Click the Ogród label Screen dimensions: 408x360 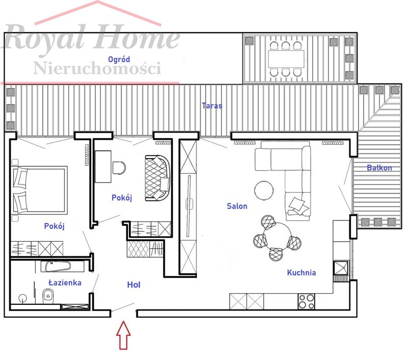pyautogui.click(x=119, y=60)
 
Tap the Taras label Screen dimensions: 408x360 pyautogui.click(x=212, y=106)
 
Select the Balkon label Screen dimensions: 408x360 pyautogui.click(x=379, y=168)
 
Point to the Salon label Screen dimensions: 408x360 pyautogui.click(x=237, y=206)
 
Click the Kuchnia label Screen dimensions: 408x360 pyautogui.click(x=301, y=273)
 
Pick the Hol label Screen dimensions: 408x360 pyautogui.click(x=134, y=285)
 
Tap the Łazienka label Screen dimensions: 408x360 pyautogui.click(x=65, y=282)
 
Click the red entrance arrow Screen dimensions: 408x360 pyautogui.click(x=123, y=335)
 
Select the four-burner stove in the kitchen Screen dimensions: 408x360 pyautogui.click(x=307, y=301)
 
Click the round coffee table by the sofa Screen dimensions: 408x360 pyautogui.click(x=264, y=190)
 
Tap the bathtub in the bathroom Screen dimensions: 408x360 pyautogui.click(x=58, y=267)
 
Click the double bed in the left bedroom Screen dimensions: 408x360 pyautogui.click(x=39, y=190)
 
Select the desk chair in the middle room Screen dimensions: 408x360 pyautogui.click(x=119, y=168)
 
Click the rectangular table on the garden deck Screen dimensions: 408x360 pyautogui.click(x=286, y=59)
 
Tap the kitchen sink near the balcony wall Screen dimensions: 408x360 pyautogui.click(x=341, y=268)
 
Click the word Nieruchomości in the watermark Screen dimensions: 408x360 pyautogui.click(x=97, y=68)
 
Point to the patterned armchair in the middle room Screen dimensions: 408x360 pyautogui.click(x=158, y=178)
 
